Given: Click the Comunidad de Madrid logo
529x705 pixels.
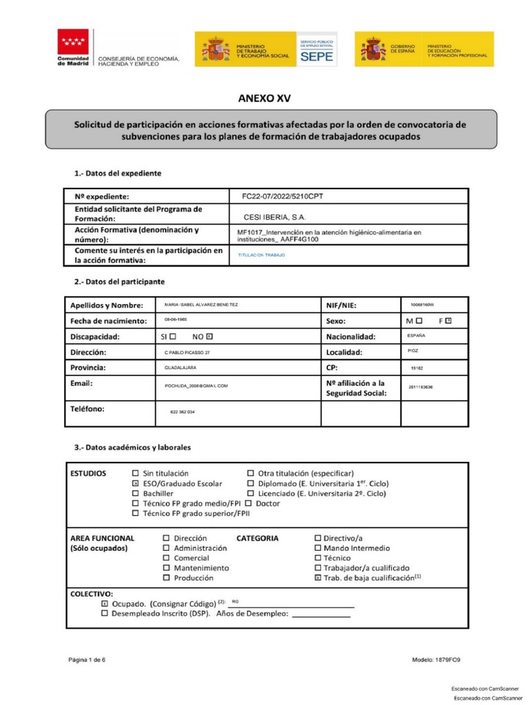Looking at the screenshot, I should tap(72, 48).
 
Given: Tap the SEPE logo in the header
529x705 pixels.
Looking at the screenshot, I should tap(316, 49).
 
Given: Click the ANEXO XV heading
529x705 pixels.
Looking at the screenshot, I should tap(264, 98).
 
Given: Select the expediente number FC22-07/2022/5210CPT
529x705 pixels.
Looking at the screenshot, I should tap(282, 196).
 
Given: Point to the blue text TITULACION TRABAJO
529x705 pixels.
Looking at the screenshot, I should tap(261, 255).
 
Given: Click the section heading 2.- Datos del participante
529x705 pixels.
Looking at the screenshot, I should tap(119, 282).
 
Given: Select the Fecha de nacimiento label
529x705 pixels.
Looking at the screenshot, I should tap(109, 322).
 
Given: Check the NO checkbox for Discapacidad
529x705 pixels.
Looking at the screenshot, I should tap(210, 337).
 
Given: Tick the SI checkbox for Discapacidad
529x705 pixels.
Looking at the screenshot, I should tap(173, 337).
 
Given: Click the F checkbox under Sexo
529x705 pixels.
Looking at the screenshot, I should tap(448, 321).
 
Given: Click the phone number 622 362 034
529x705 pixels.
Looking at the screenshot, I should tap(182, 412).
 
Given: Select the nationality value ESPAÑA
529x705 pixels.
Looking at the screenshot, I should tap(416, 335).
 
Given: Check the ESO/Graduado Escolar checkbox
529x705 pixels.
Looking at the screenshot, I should tap(135, 484).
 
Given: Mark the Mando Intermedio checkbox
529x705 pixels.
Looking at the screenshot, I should tap(318, 548).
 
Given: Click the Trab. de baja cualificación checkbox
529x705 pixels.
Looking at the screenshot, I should tap(318, 578).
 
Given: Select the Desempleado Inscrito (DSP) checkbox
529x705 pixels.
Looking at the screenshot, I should tap(105, 613).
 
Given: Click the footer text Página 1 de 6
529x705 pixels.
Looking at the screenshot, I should tap(87, 660).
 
